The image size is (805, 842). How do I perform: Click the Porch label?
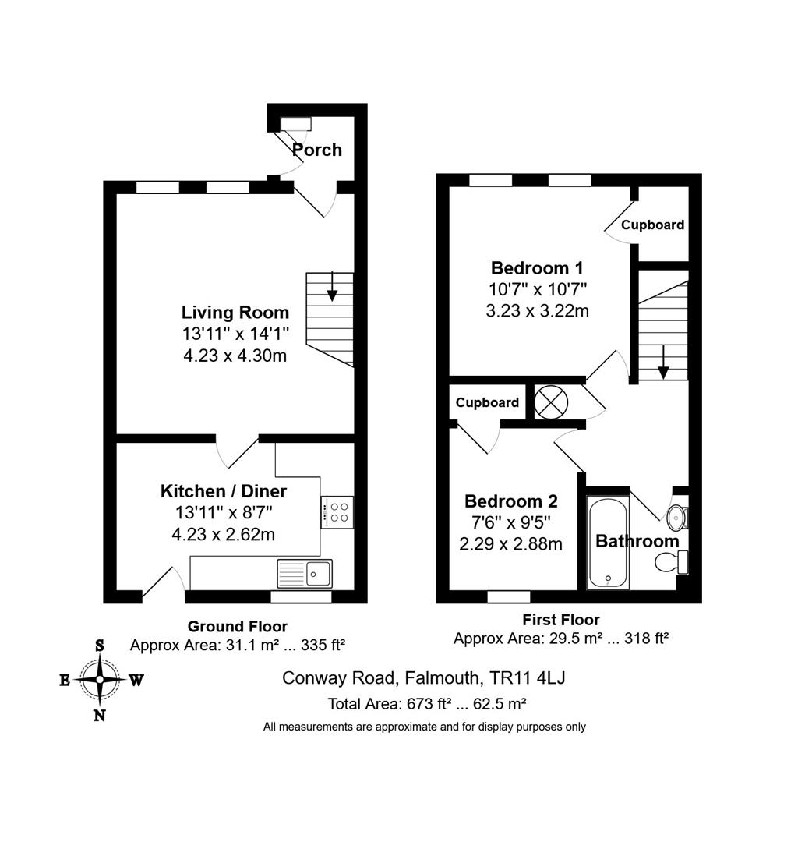316,149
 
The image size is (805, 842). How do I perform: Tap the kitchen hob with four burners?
337,511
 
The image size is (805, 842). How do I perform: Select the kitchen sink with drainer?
304,573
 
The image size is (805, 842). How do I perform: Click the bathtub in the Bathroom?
608,542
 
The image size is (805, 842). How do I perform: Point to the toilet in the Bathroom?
672,562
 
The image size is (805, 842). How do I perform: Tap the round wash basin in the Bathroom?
676,518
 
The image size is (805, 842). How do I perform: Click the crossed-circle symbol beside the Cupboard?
551,402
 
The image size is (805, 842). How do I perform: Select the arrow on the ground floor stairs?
332,286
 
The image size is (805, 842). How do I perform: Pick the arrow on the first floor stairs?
663,362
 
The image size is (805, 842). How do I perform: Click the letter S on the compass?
99,646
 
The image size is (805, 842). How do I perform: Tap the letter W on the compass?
136,681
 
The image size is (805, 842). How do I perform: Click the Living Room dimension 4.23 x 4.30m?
235,355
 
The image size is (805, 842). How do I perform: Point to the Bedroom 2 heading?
511,501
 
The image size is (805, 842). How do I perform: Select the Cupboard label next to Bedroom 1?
652,225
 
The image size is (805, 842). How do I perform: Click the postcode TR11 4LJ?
528,677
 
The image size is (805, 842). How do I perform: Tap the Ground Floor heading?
237,626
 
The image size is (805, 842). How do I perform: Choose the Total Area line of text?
426,703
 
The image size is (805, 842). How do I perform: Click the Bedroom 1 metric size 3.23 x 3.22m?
537,310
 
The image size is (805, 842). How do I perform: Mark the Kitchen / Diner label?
224,491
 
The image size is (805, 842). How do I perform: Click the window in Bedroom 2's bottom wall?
509,596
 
